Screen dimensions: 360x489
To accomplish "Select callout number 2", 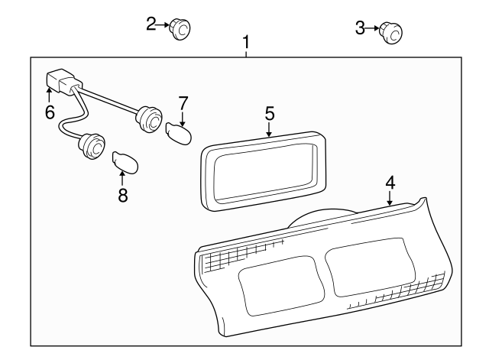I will click(151, 24).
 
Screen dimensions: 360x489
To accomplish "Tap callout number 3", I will click(361, 29).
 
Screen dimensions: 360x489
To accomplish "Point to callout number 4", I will click(390, 183).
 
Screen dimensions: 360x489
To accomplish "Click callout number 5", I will click(269, 113).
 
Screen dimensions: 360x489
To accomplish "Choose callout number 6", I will click(50, 112).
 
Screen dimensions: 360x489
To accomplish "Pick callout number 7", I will click(183, 102).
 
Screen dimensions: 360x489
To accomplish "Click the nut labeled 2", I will click(180, 28).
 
